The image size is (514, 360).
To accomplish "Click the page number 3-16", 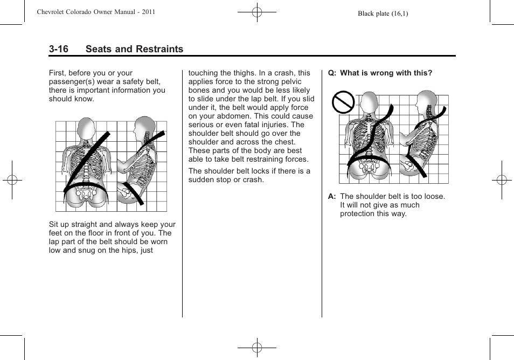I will click(58, 49).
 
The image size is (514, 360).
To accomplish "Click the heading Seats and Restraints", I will click(134, 49).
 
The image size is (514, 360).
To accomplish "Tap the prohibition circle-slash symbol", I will click(343, 102).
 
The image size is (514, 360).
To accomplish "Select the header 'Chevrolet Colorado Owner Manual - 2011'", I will click(96, 12).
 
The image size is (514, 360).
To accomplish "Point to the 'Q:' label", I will click(332, 73).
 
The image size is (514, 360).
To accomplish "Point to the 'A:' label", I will click(332, 196).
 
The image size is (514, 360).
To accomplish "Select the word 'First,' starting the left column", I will click(59, 73).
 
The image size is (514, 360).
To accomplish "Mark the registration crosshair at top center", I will click(257, 11).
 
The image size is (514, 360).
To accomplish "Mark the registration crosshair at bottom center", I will click(257, 348).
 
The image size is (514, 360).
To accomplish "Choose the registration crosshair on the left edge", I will click(12, 180).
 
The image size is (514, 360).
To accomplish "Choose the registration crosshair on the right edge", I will click(502, 180).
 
